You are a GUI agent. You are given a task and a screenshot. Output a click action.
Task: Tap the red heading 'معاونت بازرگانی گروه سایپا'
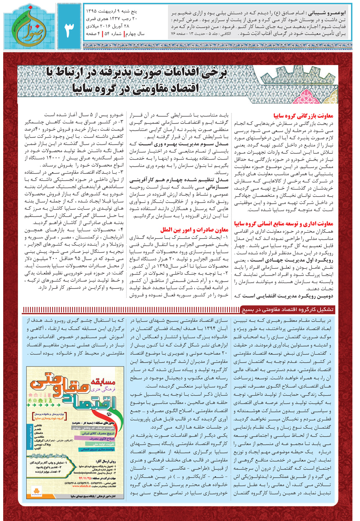(x=303, y=116)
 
